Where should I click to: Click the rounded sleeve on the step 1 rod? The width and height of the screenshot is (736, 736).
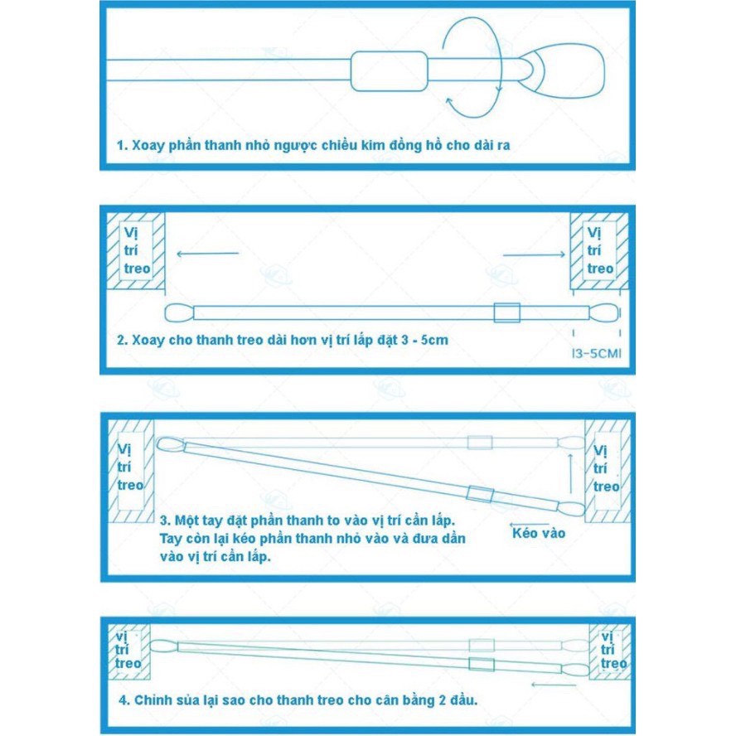pyautogui.click(x=389, y=71)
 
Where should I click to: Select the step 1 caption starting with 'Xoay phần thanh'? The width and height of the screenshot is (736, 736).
pyautogui.click(x=313, y=145)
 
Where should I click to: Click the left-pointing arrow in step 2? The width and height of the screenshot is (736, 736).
pyautogui.click(x=206, y=254)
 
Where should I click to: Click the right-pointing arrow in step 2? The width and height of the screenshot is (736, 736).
pyautogui.click(x=534, y=254)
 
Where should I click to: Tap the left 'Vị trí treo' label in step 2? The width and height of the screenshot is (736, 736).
pyautogui.click(x=137, y=250)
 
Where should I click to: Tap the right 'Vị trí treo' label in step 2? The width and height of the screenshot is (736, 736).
pyautogui.click(x=599, y=250)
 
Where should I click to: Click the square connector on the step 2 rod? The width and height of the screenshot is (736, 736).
pyautogui.click(x=506, y=312)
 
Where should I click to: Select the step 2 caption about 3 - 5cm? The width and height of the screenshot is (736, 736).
pyautogui.click(x=282, y=340)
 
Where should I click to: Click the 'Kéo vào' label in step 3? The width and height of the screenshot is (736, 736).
pyautogui.click(x=539, y=533)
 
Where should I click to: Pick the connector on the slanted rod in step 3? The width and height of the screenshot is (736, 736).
pyautogui.click(x=480, y=495)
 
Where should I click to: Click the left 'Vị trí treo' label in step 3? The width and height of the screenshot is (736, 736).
pyautogui.click(x=131, y=467)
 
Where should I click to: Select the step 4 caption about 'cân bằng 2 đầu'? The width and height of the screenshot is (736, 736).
pyautogui.click(x=298, y=700)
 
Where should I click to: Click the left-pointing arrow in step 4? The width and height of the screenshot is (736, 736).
pyautogui.click(x=554, y=685)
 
